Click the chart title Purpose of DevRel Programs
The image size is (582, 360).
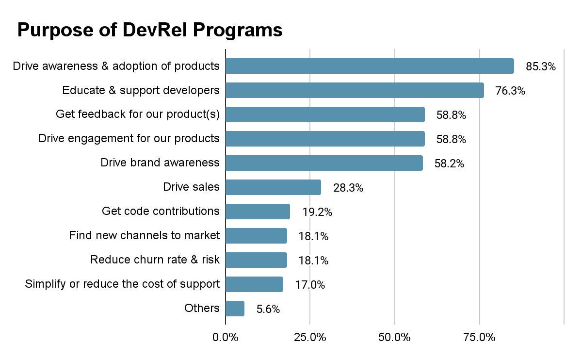(150, 30)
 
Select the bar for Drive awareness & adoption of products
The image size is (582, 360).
(370, 66)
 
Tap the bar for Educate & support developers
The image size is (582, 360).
(355, 90)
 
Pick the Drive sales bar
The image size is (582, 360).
(273, 187)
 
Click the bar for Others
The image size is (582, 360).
(235, 309)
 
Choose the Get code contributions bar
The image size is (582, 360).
(258, 212)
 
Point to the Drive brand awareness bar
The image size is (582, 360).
(324, 163)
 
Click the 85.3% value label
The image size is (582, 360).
(541, 66)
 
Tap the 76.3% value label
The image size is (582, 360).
(510, 91)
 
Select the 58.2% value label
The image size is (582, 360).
(449, 164)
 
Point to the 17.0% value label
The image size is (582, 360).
(310, 285)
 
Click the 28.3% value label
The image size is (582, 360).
(348, 188)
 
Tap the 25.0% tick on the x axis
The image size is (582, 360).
(310, 337)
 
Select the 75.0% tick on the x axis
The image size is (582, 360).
(480, 337)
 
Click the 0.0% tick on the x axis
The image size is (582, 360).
(226, 337)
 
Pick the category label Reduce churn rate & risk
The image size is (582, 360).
(155, 260)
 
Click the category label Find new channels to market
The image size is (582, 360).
(144, 235)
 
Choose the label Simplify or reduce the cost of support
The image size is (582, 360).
(122, 284)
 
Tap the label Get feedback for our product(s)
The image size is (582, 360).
(138, 114)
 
